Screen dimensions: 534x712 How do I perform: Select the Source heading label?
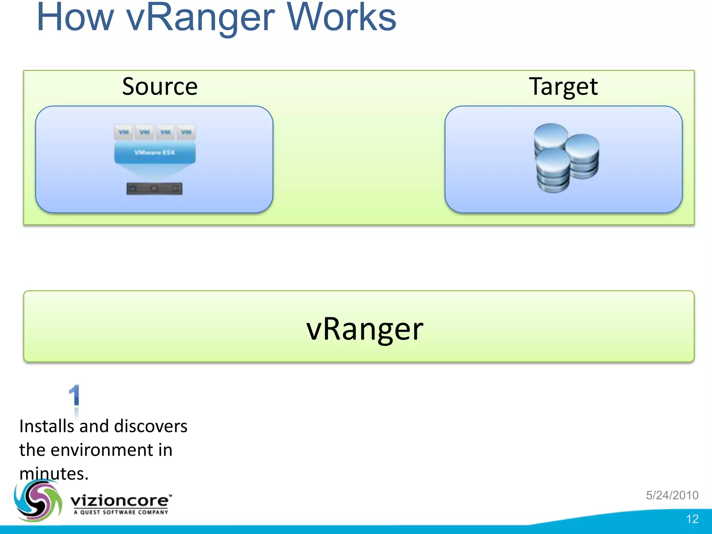tap(160, 86)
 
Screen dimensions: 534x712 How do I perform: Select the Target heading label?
tap(563, 86)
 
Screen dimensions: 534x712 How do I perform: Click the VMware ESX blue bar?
tap(155, 153)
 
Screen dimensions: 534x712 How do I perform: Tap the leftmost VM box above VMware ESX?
tap(124, 132)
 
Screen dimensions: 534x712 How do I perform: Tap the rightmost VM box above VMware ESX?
tap(186, 132)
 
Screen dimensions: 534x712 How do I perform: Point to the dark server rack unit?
tap(154, 188)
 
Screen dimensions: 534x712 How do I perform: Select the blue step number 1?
tap(74, 395)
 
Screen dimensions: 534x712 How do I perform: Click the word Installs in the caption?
tap(47, 426)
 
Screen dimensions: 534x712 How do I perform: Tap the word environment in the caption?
tap(102, 450)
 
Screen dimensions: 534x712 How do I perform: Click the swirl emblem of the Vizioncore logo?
tap(38, 501)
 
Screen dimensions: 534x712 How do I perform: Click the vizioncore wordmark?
tap(120, 501)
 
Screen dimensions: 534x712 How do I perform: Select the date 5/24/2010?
tap(672, 495)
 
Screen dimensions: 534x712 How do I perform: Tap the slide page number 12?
tap(692, 519)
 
